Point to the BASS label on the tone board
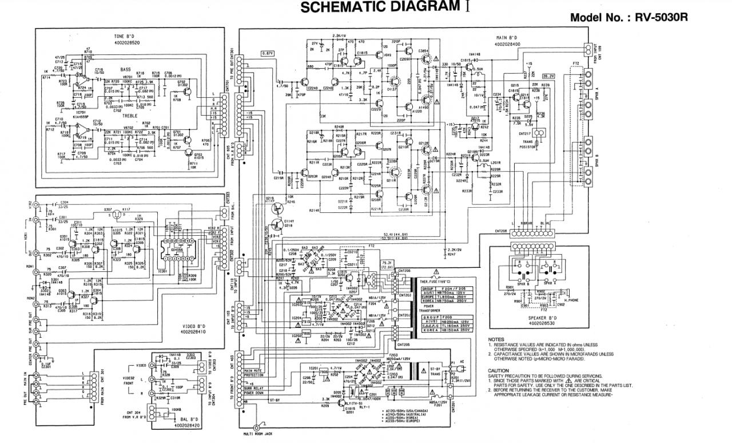point(125,70)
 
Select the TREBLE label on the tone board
point(127,114)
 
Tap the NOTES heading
point(496,339)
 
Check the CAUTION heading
point(499,370)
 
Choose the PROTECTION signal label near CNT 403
point(253,375)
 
